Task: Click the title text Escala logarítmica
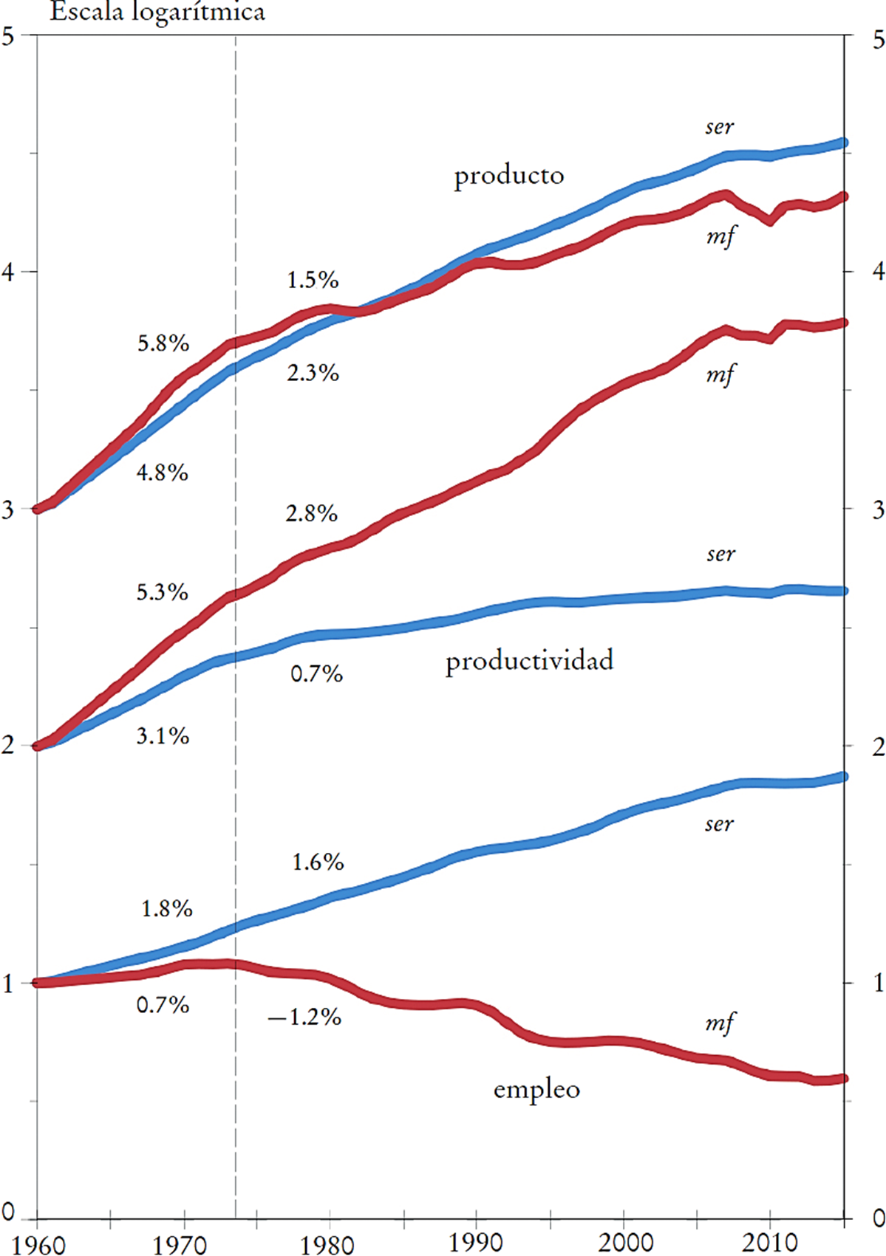[157, 13]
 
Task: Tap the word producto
[509, 176]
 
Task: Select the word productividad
[529, 660]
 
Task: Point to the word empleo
[536, 1089]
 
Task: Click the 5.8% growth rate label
[163, 343]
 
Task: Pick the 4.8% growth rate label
[163, 473]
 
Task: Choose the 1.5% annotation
[313, 280]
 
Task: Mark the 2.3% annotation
[313, 373]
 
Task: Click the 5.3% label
[162, 592]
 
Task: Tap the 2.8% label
[311, 513]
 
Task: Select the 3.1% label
[163, 736]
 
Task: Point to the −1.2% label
[304, 1018]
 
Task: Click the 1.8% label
[167, 908]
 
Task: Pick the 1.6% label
[318, 862]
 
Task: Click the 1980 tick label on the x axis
[327, 1244]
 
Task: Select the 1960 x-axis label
[38, 1244]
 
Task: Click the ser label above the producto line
[719, 127]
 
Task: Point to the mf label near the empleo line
[720, 1023]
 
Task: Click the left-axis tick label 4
[8, 272]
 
